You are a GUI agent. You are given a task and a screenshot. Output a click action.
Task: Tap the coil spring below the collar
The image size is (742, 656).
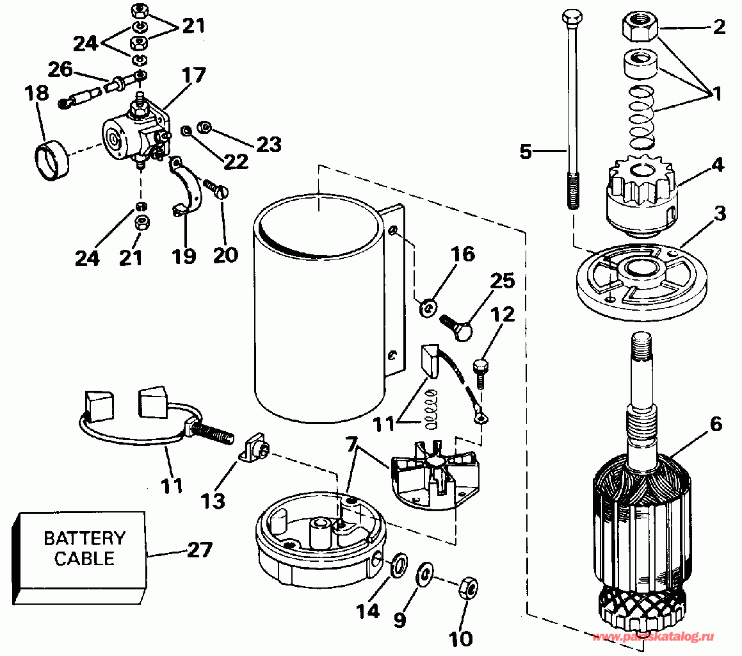(x=641, y=115)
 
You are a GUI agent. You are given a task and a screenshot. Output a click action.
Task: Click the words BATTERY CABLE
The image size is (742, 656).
(x=85, y=548)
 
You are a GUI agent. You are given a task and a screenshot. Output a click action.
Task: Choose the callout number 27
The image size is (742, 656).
(x=200, y=550)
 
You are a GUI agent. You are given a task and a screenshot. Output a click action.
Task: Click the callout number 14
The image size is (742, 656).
(x=368, y=612)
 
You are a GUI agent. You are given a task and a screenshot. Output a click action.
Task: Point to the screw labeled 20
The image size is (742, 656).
(x=216, y=189)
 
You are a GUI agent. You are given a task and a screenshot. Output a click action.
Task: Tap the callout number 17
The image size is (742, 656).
(x=193, y=76)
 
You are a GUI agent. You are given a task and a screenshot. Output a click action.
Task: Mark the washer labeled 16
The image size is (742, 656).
(x=428, y=309)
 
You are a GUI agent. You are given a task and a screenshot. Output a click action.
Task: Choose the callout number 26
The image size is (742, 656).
(x=60, y=70)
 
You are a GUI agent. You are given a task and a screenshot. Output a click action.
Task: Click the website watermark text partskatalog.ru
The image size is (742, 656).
(x=654, y=637)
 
